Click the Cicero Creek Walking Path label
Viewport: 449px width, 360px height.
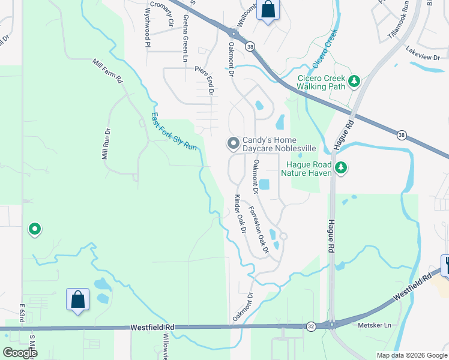[322, 82]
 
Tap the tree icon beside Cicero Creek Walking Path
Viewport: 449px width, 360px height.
[354, 80]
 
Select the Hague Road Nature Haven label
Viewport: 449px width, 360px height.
[309, 169]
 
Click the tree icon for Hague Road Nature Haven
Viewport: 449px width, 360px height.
[341, 167]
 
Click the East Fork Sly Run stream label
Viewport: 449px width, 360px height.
[173, 131]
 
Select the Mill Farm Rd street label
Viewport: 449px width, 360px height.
[108, 70]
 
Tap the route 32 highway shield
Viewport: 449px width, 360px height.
[310, 326]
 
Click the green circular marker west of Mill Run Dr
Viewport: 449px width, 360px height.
[35, 229]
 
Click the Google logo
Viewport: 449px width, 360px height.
[20, 353]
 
